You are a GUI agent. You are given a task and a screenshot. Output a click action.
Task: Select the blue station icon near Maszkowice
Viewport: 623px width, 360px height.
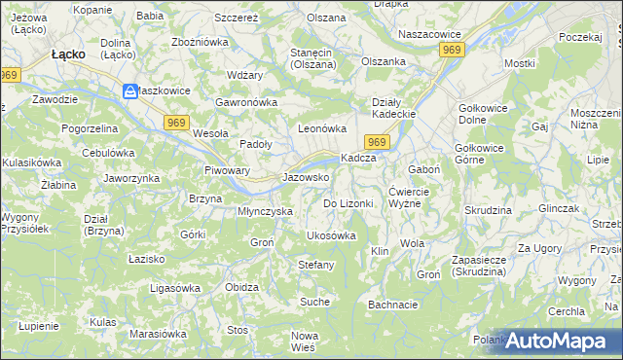pos(130,91)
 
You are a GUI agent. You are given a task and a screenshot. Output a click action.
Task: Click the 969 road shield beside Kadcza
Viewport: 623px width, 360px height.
pos(380,143)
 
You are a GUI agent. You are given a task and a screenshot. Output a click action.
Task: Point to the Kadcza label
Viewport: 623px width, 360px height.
pos(357,159)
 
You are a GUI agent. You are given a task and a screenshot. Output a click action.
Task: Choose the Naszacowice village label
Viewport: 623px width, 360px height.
pos(429,33)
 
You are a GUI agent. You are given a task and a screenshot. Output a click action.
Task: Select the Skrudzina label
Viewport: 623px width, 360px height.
pos(489,210)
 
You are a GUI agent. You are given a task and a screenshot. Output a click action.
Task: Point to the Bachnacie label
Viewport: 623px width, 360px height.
pos(393,305)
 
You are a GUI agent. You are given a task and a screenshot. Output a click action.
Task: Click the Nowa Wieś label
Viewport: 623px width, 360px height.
pos(305,342)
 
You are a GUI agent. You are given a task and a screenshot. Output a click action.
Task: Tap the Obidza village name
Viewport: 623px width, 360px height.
pos(240,288)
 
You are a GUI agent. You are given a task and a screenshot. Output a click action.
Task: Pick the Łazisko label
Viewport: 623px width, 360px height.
pos(147,259)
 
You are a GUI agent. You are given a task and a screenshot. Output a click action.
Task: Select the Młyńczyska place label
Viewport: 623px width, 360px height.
pos(266,210)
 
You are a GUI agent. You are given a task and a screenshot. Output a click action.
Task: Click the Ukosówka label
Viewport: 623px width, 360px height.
pos(331,235)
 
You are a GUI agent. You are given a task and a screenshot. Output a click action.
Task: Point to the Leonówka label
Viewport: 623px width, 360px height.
pos(322,127)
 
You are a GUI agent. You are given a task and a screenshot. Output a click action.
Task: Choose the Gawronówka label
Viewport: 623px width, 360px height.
pos(247,101)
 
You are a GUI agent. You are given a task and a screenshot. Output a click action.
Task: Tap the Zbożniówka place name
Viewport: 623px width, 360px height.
pos(199,43)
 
